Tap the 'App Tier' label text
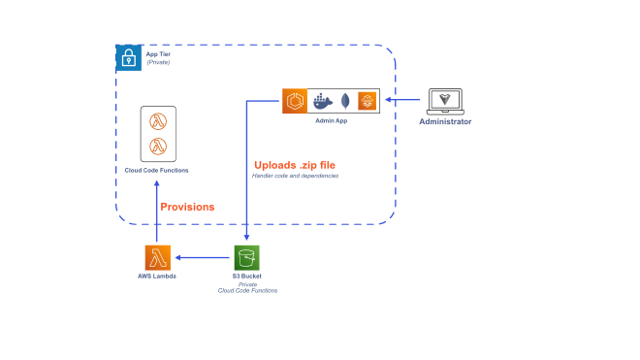pos(158,54)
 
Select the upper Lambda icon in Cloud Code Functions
pos(158,121)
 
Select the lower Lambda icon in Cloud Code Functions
pos(158,147)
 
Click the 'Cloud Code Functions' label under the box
pos(157,171)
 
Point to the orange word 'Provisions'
pos(187,207)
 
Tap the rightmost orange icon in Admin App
pos(366,101)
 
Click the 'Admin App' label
pos(332,122)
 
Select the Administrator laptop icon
pos(445,101)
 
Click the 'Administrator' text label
pos(445,122)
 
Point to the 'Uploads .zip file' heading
pos(295,164)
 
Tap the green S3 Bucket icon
pos(247,258)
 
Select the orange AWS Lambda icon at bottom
pos(158,258)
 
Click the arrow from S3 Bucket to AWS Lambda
pos(203,258)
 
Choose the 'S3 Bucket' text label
pos(247,278)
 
